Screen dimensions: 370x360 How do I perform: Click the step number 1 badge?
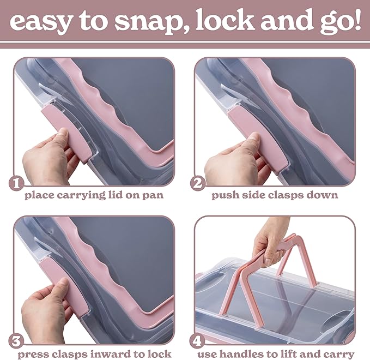pyautogui.click(x=16, y=183)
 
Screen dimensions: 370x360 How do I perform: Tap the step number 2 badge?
pyautogui.click(x=197, y=183)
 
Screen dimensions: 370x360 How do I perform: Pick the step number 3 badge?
pyautogui.click(x=16, y=341)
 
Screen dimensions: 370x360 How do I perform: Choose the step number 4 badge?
pyautogui.click(x=197, y=341)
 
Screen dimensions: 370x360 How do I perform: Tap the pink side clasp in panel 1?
pyautogui.click(x=66, y=133)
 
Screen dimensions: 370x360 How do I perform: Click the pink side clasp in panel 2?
pyautogui.click(x=258, y=136)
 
